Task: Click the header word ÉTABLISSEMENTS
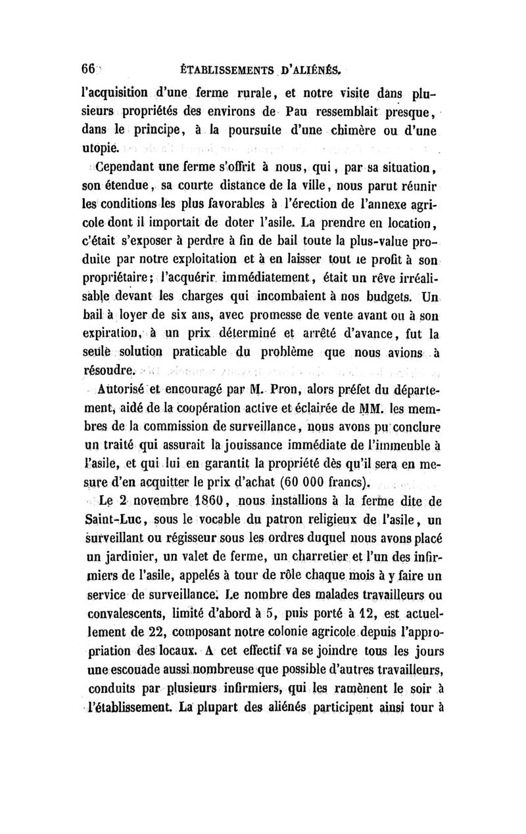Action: pos(215,69)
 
